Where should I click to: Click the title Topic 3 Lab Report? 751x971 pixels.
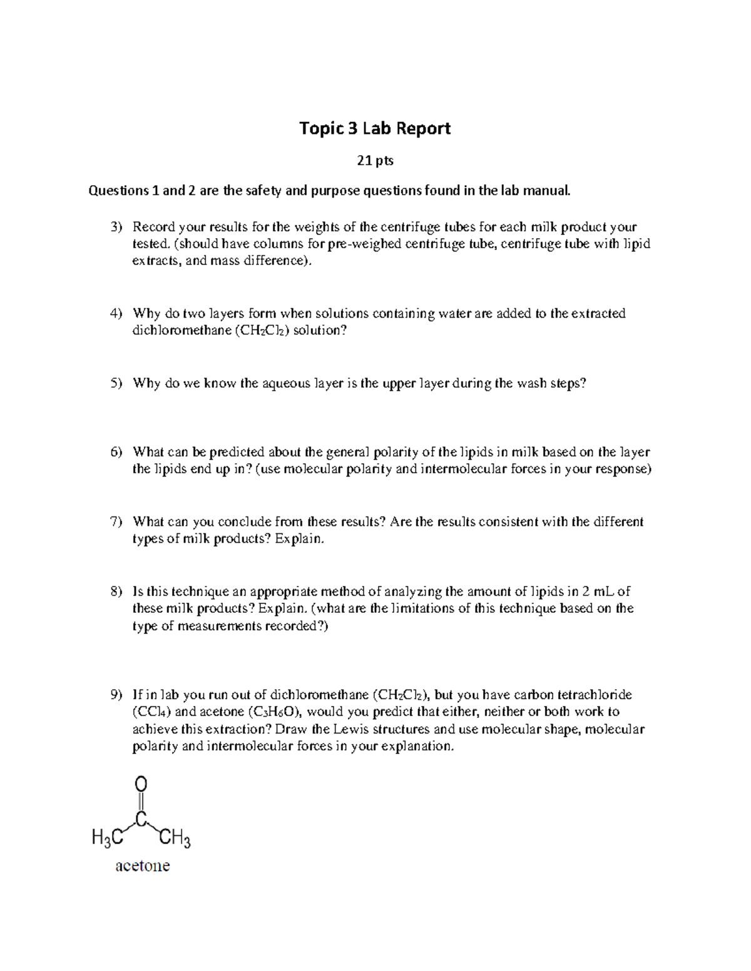tap(375, 129)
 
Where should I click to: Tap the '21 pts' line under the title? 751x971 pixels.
tap(375, 161)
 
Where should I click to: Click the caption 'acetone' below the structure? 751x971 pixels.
tap(142, 866)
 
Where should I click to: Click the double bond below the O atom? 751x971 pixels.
tap(141, 802)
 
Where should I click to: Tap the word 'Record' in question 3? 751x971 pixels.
tap(153, 227)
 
